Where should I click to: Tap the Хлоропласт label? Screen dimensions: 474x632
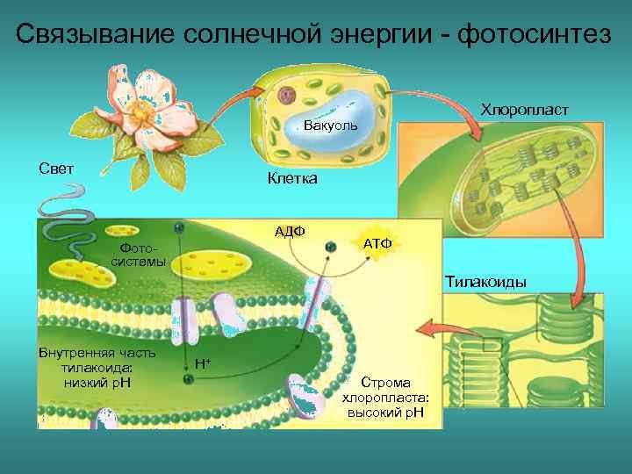[524, 111]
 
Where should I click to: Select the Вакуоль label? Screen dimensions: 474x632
[330, 126]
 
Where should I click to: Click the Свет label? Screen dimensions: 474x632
[55, 169]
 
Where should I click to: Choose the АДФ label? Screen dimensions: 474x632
[289, 231]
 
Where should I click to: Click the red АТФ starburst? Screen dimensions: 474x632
[377, 241]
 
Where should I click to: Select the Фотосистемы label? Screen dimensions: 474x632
[142, 255]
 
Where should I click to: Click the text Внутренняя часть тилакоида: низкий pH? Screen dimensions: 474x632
[97, 368]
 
